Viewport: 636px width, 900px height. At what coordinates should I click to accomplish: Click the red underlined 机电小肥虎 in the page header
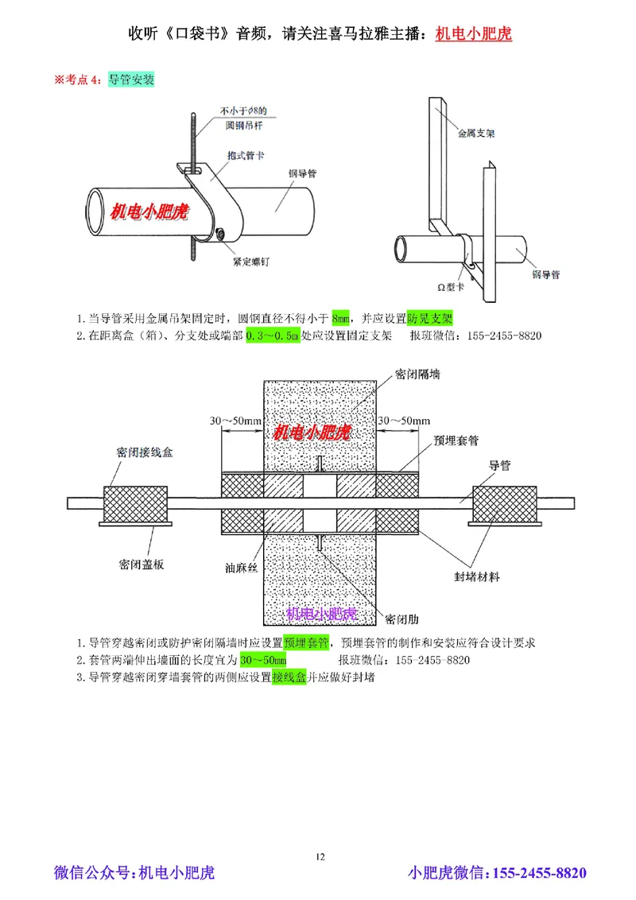tap(474, 34)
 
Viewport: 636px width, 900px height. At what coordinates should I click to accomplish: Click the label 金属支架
tap(476, 134)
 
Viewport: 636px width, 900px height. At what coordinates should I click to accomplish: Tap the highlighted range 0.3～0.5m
tap(273, 336)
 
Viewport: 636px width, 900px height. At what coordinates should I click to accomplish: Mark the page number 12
tap(320, 856)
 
